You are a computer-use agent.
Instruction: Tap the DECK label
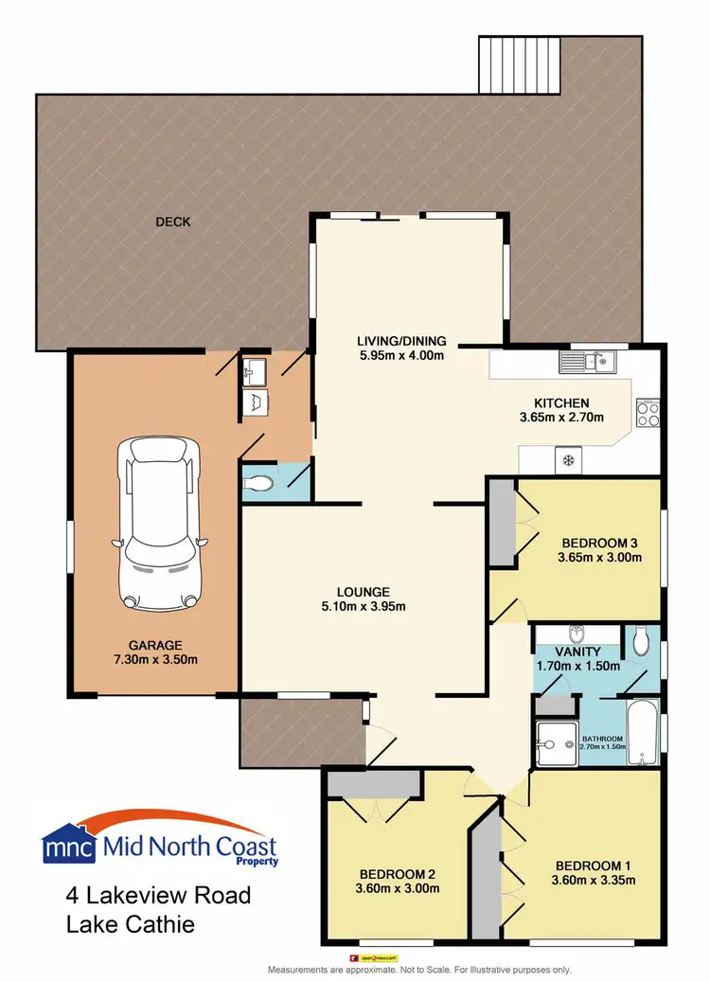tap(173, 223)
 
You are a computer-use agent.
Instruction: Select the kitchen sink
tap(588, 361)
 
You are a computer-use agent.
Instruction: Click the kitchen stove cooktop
tap(648, 413)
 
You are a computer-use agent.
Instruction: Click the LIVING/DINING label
tap(401, 342)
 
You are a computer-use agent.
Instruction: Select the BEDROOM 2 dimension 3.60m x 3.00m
tap(399, 888)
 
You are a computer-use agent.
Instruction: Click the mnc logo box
tap(69, 846)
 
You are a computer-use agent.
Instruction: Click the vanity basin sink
tap(574, 634)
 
